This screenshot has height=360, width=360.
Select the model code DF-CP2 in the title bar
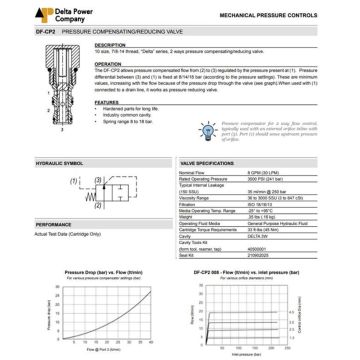(17, 33)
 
